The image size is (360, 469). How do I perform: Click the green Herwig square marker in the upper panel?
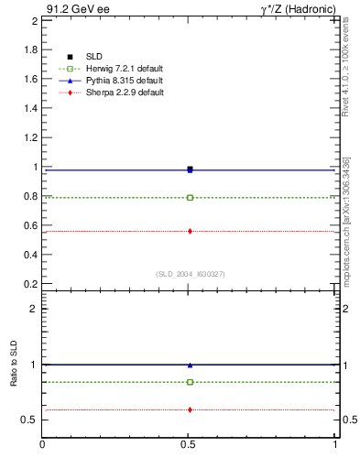(190, 197)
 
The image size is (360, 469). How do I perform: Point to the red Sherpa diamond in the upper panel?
(190, 231)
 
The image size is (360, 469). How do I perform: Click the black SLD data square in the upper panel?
(190, 169)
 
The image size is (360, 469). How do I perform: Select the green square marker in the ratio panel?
(190, 382)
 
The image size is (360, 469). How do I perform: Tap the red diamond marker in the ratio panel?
(190, 409)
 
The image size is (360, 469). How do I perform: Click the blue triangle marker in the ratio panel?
(190, 365)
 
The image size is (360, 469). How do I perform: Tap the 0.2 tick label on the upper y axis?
(30, 284)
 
